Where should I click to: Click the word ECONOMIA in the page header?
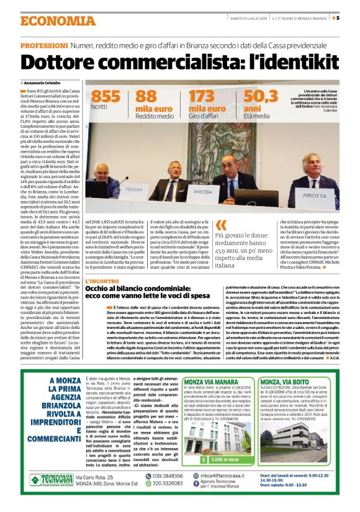point(52,20)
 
